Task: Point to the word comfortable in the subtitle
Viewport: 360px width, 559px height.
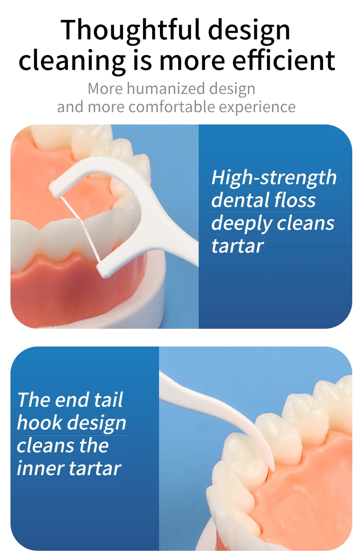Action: (x=172, y=107)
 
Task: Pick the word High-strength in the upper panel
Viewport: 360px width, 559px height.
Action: (x=274, y=178)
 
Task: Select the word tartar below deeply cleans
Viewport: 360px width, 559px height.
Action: (x=237, y=246)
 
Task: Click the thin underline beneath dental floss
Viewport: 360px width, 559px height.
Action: (x=265, y=212)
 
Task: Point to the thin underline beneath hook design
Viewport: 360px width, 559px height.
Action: (x=74, y=435)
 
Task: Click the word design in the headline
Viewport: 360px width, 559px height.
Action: (x=249, y=31)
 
